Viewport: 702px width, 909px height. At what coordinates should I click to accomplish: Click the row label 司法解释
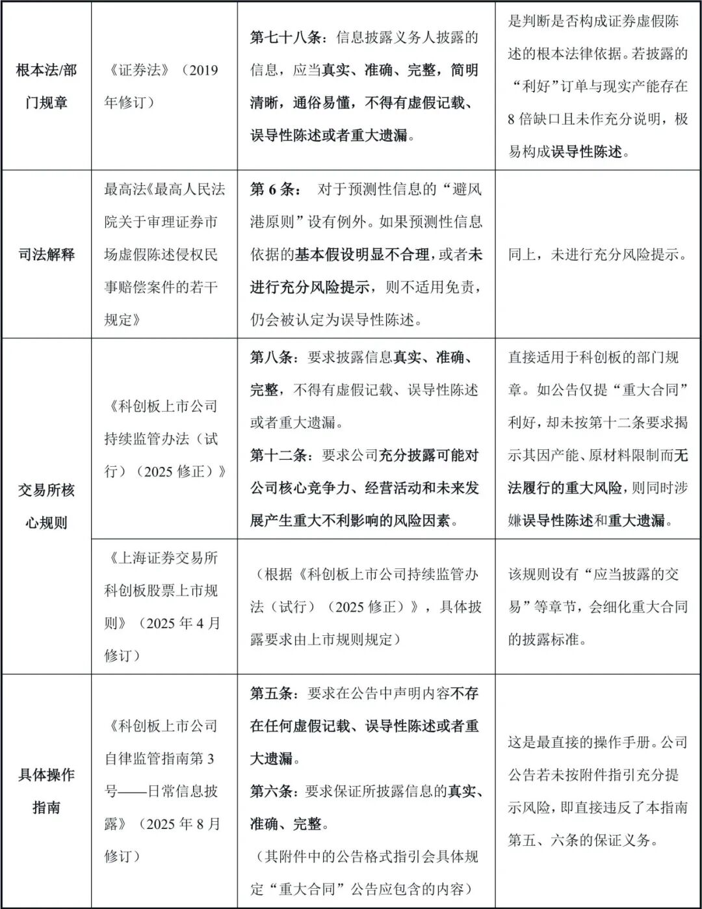click(x=46, y=254)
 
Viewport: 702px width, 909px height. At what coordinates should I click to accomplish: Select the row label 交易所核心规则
click(x=46, y=506)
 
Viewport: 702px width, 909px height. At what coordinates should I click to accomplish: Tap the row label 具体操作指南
click(x=46, y=791)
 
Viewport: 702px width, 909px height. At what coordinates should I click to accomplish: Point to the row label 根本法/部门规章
click(x=46, y=86)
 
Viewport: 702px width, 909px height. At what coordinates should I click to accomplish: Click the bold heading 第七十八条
click(x=286, y=38)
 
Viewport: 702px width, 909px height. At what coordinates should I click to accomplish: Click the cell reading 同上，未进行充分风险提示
click(x=597, y=254)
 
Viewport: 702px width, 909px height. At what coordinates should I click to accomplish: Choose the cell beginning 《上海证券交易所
click(x=162, y=607)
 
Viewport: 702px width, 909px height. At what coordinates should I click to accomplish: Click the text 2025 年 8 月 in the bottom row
click(x=183, y=824)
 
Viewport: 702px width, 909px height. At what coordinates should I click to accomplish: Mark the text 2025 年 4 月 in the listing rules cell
click(x=183, y=623)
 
